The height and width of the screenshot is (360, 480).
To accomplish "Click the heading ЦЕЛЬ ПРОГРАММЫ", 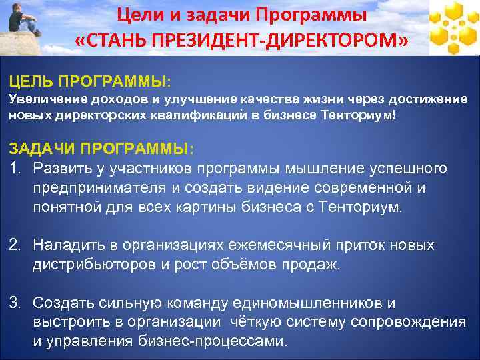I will tap(89, 81).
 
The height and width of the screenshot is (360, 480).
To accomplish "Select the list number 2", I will tap(15, 245).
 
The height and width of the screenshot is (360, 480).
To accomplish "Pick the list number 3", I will tap(15, 303).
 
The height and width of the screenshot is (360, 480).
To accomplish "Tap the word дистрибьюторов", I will tap(93, 265).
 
